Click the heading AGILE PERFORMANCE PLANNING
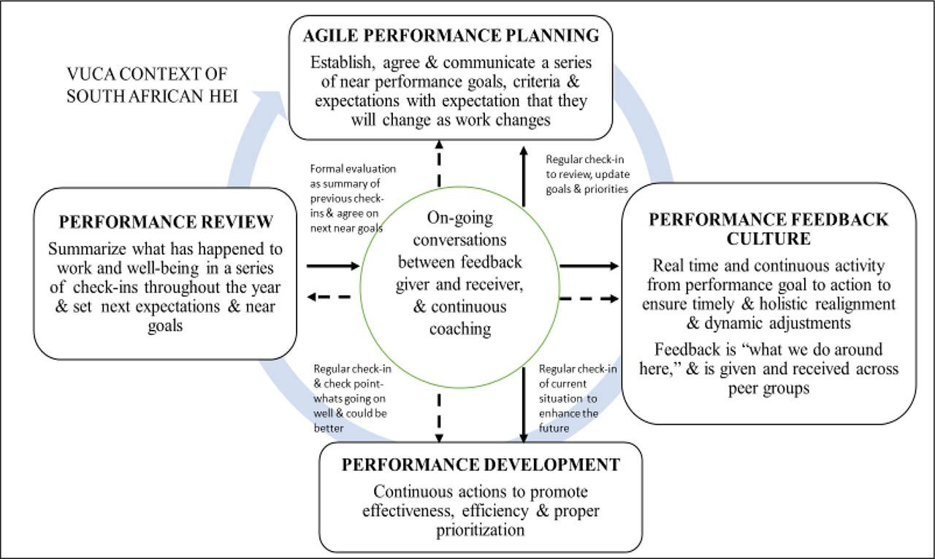[451, 36]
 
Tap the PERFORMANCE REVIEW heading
[166, 222]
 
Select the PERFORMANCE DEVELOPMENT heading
[481, 465]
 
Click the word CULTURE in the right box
[768, 239]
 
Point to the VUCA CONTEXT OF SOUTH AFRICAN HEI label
[152, 85]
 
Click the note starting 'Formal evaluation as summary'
[353, 198]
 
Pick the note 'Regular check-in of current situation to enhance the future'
[578, 398]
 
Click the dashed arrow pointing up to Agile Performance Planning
[439, 163]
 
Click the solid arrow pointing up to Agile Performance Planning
[524, 177]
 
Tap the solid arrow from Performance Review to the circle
[333, 266]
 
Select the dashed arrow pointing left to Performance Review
[329, 297]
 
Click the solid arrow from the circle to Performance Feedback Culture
[589, 266]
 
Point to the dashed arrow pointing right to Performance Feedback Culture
[589, 298]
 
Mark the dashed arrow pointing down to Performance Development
[439, 418]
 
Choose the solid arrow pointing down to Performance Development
[524, 404]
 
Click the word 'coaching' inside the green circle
[460, 329]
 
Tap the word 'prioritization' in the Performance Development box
[481, 531]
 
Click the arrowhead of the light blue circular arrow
[270, 104]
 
